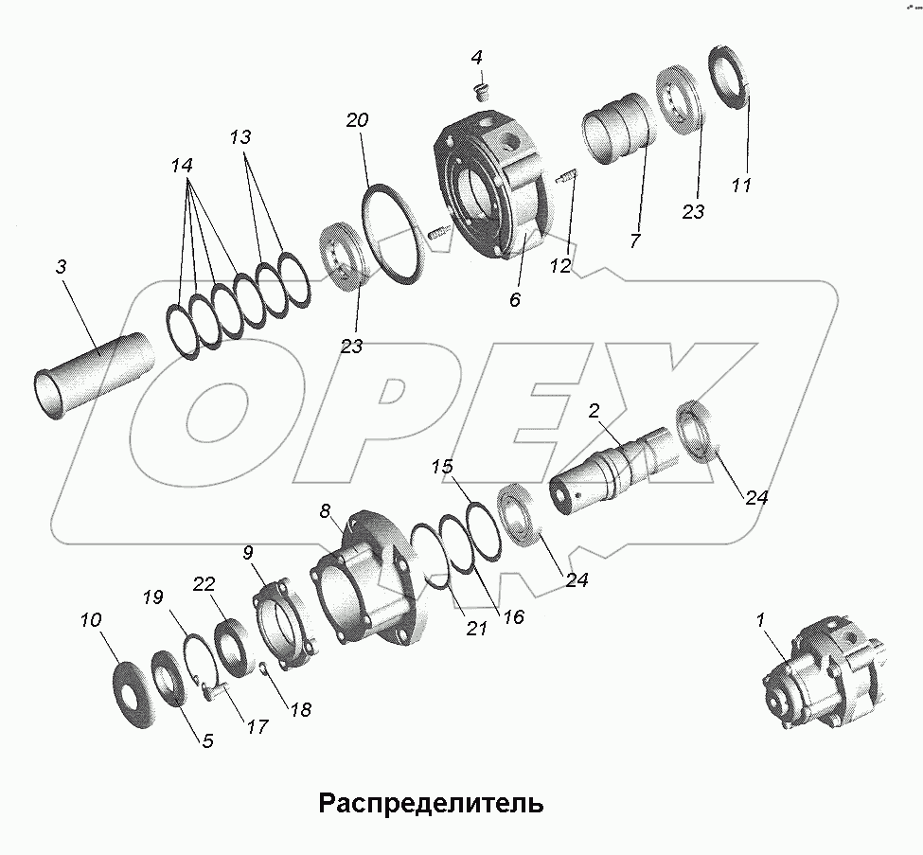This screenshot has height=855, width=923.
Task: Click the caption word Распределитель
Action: click(x=431, y=804)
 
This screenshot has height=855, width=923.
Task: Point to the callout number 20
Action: click(x=357, y=120)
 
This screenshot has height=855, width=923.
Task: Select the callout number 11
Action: click(x=740, y=185)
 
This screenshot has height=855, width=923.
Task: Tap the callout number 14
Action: click(x=182, y=166)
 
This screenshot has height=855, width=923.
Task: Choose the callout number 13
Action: click(x=240, y=137)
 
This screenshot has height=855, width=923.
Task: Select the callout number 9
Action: click(x=248, y=551)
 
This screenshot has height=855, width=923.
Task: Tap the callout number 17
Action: click(x=257, y=726)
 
